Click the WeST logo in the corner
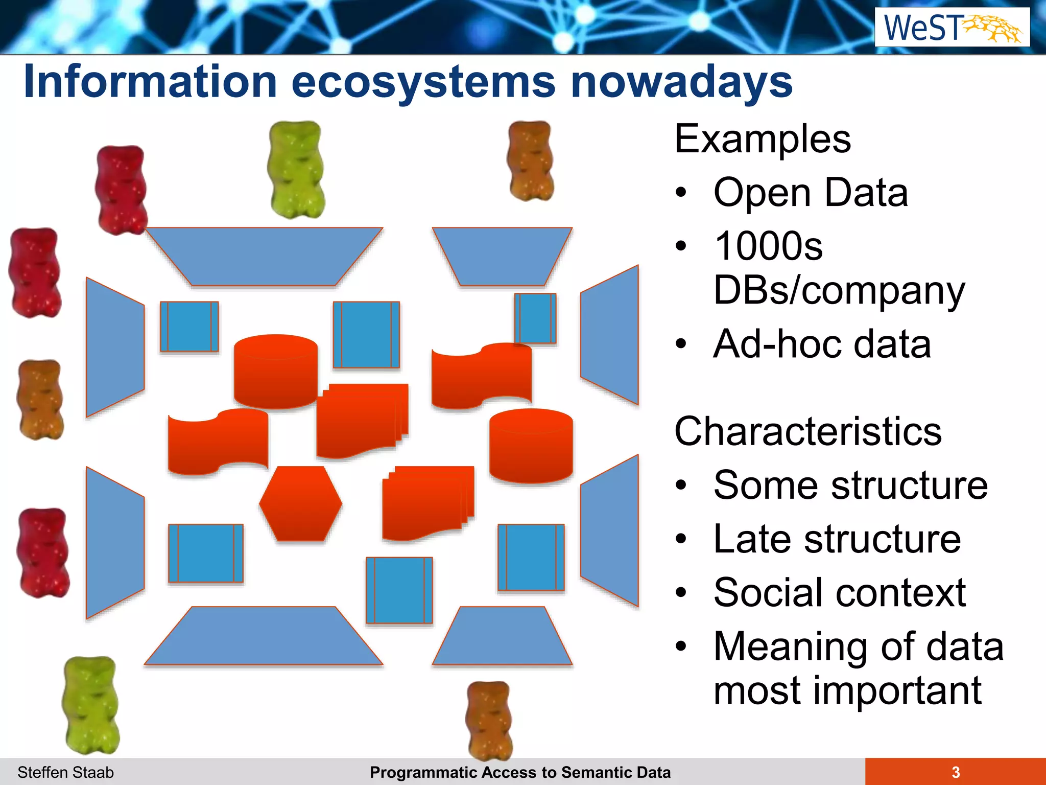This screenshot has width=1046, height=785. coord(952,28)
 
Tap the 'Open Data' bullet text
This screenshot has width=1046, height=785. coord(810,193)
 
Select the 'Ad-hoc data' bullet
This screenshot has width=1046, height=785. coord(822,344)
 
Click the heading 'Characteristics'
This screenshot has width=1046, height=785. coord(807,431)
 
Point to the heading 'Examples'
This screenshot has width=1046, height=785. coord(763,139)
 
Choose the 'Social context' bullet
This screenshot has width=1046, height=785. coord(839,593)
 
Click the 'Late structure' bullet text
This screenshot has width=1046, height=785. coord(837,539)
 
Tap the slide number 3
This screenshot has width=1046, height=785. coord(955,772)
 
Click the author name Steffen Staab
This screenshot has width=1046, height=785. coord(65,772)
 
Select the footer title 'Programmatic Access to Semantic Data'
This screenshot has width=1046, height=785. coord(520,772)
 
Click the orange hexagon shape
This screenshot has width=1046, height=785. coord(300,503)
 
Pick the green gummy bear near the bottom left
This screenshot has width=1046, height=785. coord(91,705)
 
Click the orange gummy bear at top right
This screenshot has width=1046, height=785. coord(531,160)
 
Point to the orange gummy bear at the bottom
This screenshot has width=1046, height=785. coord(489,720)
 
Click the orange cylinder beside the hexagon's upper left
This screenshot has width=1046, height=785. coord(276,371)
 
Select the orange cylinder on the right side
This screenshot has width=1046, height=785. coord(531,446)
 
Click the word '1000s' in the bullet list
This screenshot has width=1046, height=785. coord(768,246)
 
